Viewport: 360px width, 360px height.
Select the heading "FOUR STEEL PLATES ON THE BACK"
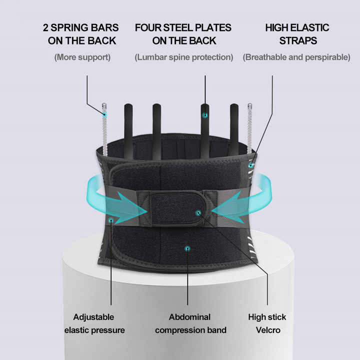pyautogui.click(x=183, y=34)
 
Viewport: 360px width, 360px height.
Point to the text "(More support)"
pyautogui.click(x=82, y=57)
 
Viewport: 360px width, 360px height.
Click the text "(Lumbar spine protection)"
pyautogui.click(x=183, y=57)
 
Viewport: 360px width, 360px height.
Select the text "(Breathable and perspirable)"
pyautogui.click(x=296, y=57)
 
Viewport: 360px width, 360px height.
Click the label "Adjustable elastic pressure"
pyautogui.click(x=94, y=323)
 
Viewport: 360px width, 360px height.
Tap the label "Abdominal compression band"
pyautogui.click(x=190, y=323)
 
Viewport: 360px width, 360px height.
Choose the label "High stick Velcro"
pyautogui.click(x=267, y=323)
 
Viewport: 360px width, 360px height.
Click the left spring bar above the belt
pyautogui.click(x=105, y=127)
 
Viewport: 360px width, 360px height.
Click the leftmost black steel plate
pyautogui.click(x=128, y=127)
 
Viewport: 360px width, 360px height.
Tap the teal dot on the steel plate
pyautogui.click(x=205, y=115)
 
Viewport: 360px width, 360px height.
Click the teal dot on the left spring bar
pyautogui.click(x=105, y=115)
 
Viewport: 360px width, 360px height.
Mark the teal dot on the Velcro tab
pyautogui.click(x=198, y=213)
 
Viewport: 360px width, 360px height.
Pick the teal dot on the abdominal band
pyautogui.click(x=187, y=247)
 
